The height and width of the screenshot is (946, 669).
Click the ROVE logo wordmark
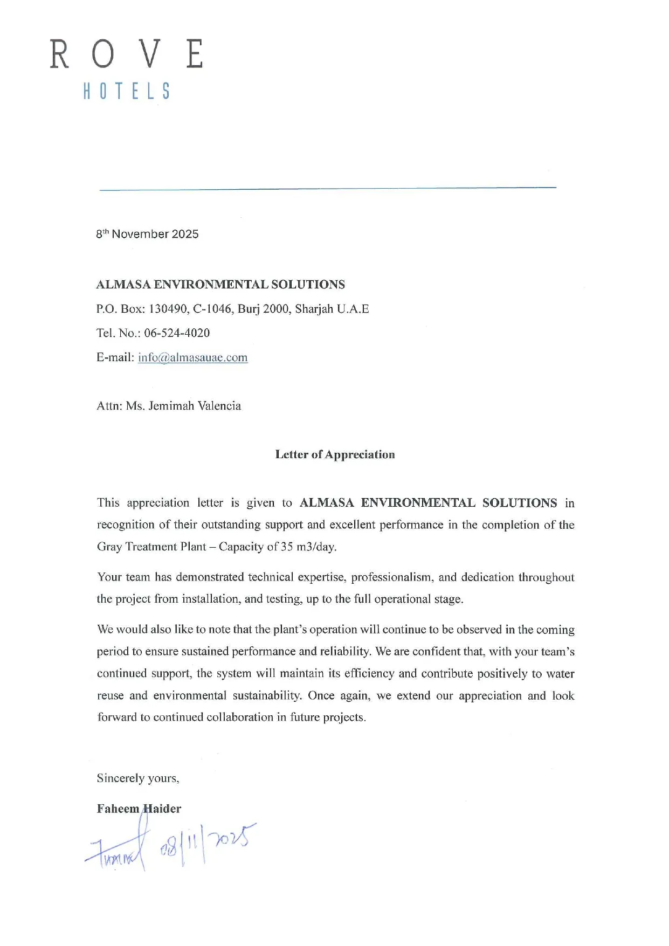127,54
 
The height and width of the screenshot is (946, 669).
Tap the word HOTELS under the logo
127,91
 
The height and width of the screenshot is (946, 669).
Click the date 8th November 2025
147,234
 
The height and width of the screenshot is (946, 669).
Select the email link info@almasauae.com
192,357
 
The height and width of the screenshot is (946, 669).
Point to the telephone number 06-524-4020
177,333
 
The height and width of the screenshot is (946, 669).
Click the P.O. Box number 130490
168,309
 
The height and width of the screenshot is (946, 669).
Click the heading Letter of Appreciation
335,454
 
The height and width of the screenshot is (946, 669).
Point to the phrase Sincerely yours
138,778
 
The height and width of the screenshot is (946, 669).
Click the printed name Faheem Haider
139,809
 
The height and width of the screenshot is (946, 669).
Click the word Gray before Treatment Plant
109,547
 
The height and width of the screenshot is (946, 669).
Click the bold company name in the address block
220,285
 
